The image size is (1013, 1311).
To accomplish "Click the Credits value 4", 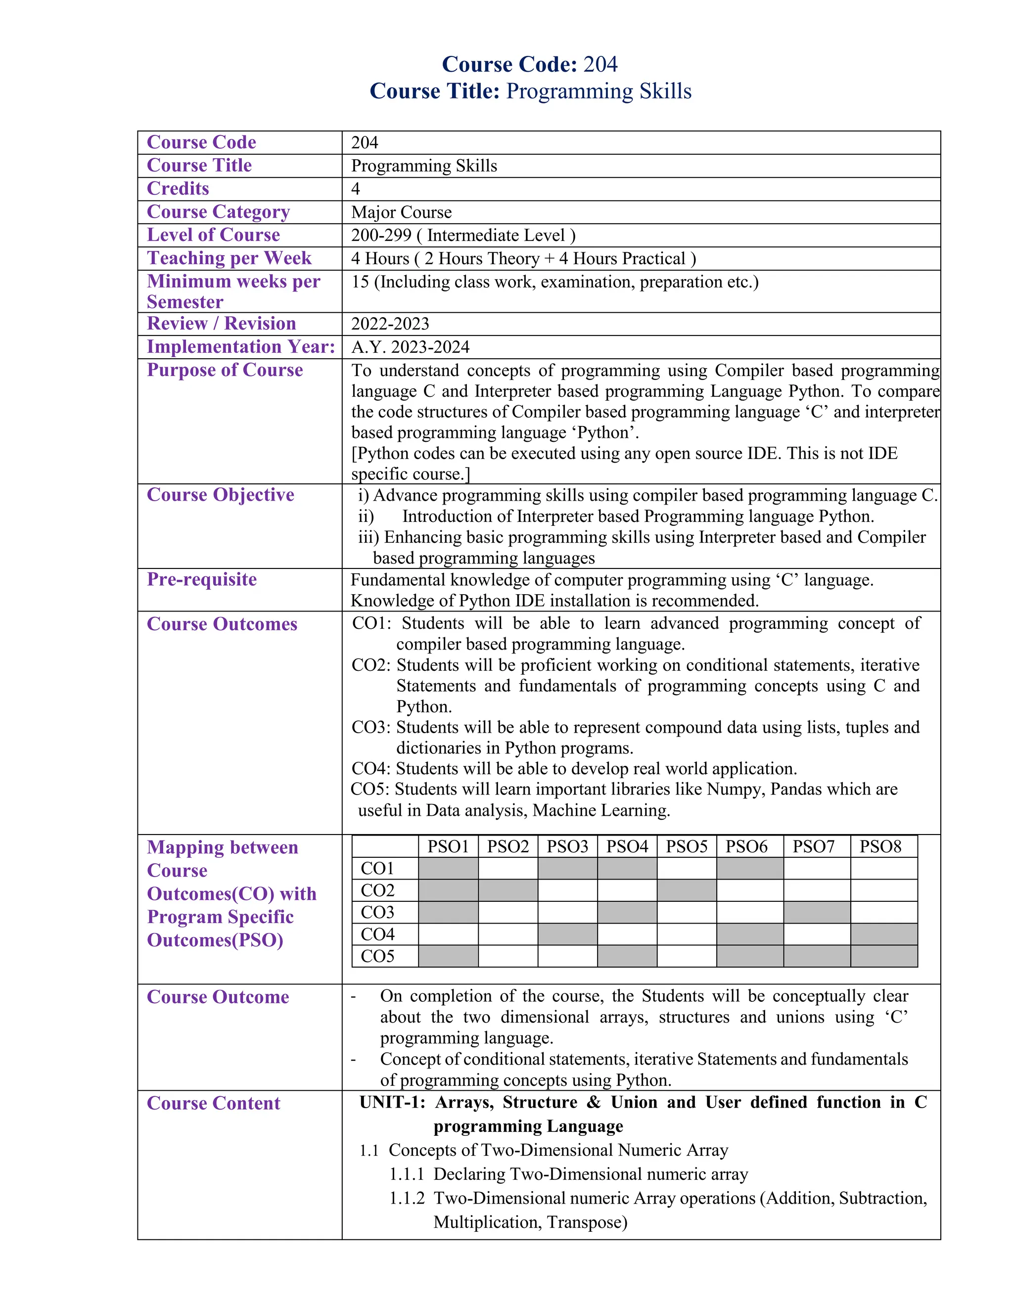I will [356, 189].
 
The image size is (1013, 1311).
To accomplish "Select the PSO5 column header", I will [687, 846].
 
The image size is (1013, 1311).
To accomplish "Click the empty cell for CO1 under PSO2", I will [507, 869].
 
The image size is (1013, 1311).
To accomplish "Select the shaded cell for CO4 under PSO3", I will [567, 935].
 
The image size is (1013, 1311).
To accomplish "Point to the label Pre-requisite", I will [202, 579].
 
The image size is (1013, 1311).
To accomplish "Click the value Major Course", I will [402, 213].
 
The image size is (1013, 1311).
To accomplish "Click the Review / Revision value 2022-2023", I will [390, 324].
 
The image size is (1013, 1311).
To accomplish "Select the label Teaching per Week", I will [229, 258].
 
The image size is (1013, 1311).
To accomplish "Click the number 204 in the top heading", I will [600, 64].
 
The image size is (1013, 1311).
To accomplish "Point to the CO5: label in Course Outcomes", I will [370, 790].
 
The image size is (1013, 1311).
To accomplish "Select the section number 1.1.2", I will [406, 1199].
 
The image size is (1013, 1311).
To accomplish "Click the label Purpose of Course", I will [225, 371].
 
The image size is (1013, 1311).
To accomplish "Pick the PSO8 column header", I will [880, 846].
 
